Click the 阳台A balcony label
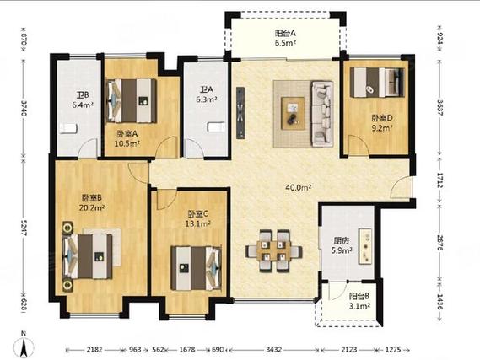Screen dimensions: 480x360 tap(285, 33)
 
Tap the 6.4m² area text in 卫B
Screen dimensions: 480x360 tap(83, 105)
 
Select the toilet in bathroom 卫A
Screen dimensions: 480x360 tap(216, 126)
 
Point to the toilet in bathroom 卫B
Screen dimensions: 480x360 tap(67, 128)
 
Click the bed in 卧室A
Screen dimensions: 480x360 tap(132, 101)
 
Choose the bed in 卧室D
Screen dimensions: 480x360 tap(377, 83)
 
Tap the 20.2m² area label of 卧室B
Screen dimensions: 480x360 tap(92, 208)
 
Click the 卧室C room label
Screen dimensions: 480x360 tap(198, 213)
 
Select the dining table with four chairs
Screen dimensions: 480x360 tap(273, 251)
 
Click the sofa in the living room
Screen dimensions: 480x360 tap(322, 114)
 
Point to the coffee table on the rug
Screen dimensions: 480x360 tap(294, 114)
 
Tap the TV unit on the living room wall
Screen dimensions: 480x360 tap(240, 113)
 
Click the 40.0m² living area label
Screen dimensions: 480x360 tap(298, 187)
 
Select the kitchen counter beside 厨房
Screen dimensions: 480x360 tap(366, 246)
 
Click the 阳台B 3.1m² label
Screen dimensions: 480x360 tap(359, 301)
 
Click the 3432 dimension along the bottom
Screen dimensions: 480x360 tap(273, 349)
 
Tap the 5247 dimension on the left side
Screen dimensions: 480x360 tap(24, 227)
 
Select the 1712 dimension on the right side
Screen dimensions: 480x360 tap(440, 180)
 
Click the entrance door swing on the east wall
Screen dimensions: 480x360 tap(401, 187)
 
